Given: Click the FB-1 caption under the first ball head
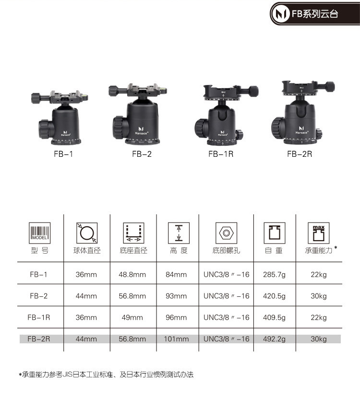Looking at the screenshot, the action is pyautogui.click(x=63, y=154).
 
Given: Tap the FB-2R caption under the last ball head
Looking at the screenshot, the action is pyautogui.click(x=300, y=154).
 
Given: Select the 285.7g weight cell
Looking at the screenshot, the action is pyautogui.click(x=274, y=274).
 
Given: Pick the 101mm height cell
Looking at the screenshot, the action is pyautogui.click(x=176, y=339).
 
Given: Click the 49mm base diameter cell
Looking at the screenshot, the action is pyautogui.click(x=132, y=317).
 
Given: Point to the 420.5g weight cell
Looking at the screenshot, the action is pyautogui.click(x=274, y=296).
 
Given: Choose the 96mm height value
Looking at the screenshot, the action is pyautogui.click(x=176, y=317).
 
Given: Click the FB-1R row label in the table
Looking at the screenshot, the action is pyautogui.click(x=38, y=317).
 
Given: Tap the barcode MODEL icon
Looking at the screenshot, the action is pyautogui.click(x=39, y=233).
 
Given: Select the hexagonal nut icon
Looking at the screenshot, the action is pyautogui.click(x=227, y=233).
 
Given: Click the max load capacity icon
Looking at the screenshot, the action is pyautogui.click(x=319, y=233).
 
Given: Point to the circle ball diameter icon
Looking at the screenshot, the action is pyautogui.click(x=87, y=233).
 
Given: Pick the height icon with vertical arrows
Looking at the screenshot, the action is pyautogui.click(x=179, y=233).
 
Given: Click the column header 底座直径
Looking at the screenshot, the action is pyautogui.click(x=133, y=251).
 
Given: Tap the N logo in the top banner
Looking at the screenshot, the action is pyautogui.click(x=280, y=13).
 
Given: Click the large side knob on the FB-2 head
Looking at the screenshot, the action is pyautogui.click(x=119, y=128).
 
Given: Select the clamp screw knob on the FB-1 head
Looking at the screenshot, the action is pyautogui.click(x=37, y=98).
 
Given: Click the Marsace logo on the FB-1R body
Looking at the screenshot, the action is pyautogui.click(x=222, y=133).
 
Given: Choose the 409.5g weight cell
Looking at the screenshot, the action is pyautogui.click(x=274, y=317).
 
